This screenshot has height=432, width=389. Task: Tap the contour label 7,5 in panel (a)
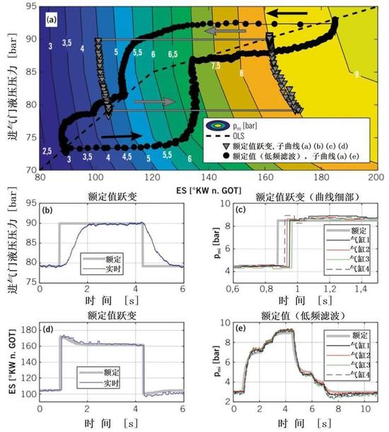(x=216, y=66)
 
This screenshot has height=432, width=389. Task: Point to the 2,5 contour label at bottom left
(x=47, y=151)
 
